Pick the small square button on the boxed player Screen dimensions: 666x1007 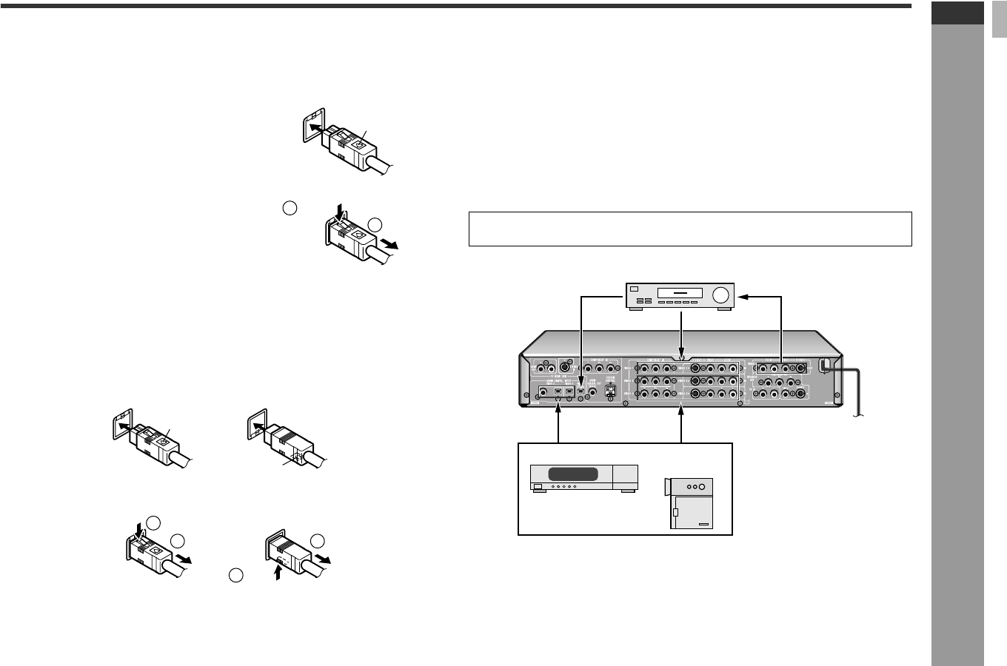pyautogui.click(x=538, y=487)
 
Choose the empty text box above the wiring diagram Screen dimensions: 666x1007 pyautogui.click(x=690, y=229)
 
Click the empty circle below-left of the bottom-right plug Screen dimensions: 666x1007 pyautogui.click(x=235, y=575)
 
